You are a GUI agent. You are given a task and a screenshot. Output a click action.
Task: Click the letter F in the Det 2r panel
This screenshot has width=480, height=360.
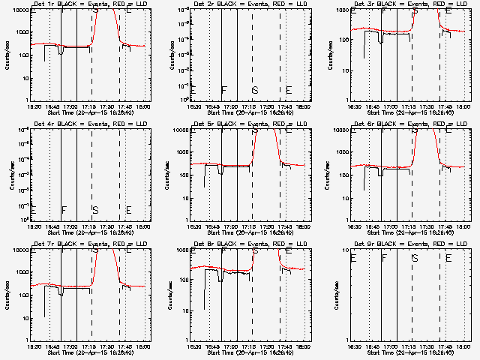[223, 91]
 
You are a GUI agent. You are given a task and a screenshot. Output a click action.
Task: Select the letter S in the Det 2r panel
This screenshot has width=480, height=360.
[255, 91]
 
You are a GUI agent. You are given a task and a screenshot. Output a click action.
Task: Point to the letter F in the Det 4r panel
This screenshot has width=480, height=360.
[64, 210]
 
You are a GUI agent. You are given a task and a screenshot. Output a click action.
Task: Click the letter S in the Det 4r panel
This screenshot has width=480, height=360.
[95, 210]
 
